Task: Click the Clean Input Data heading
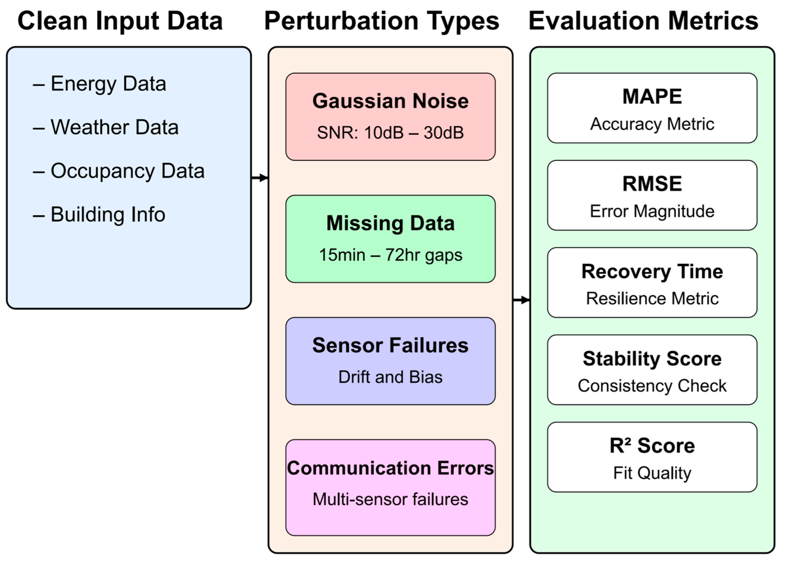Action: click(x=120, y=21)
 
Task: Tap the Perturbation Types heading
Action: click(x=382, y=21)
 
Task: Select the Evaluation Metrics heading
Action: click(x=643, y=21)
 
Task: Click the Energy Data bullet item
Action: click(x=100, y=84)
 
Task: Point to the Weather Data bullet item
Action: click(x=106, y=127)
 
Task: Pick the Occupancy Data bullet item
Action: click(x=119, y=171)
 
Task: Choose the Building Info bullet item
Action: click(x=99, y=214)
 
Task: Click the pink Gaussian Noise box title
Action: click(x=390, y=101)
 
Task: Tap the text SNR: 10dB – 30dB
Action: click(x=390, y=133)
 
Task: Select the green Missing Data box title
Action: click(x=390, y=223)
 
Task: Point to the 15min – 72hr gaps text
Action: click(x=390, y=255)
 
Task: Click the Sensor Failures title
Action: click(x=390, y=346)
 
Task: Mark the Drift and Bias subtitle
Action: click(x=390, y=377)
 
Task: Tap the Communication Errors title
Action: click(x=390, y=468)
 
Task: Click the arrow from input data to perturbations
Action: click(x=260, y=178)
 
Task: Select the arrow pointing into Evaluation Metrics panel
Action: click(x=521, y=300)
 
